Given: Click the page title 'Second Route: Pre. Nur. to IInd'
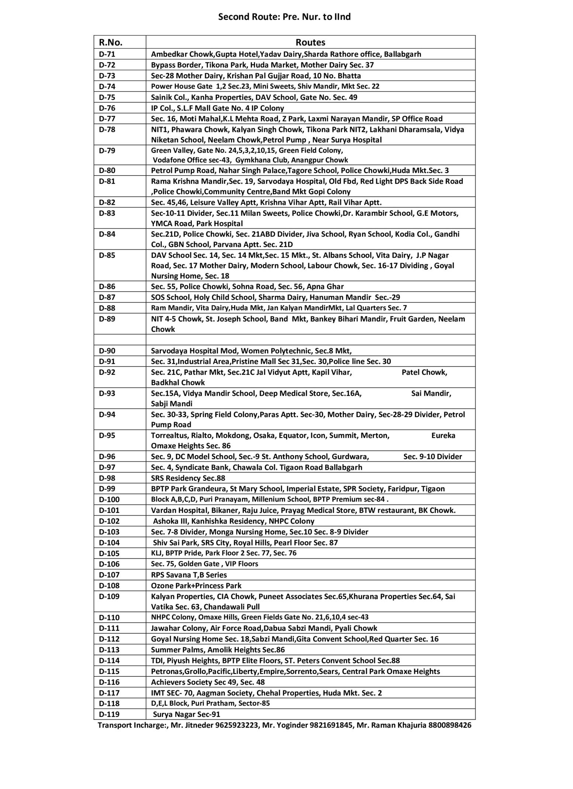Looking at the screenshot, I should point(284,17).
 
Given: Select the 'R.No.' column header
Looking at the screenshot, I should point(110,42).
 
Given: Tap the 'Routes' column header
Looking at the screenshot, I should point(310,42).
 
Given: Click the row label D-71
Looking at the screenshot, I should point(107,54).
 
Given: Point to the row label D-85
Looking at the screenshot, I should point(107,255).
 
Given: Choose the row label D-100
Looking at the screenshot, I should point(109,500).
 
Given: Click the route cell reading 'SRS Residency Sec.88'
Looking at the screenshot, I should point(188,478).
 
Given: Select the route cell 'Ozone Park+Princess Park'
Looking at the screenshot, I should point(196,586).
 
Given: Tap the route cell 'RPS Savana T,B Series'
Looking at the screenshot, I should point(189,575).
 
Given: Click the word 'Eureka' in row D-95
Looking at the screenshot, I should point(443,435).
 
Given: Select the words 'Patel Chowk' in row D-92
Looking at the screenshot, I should point(424,372).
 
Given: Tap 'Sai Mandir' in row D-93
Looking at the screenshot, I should point(431,393).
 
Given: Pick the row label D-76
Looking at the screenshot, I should point(107,108).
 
